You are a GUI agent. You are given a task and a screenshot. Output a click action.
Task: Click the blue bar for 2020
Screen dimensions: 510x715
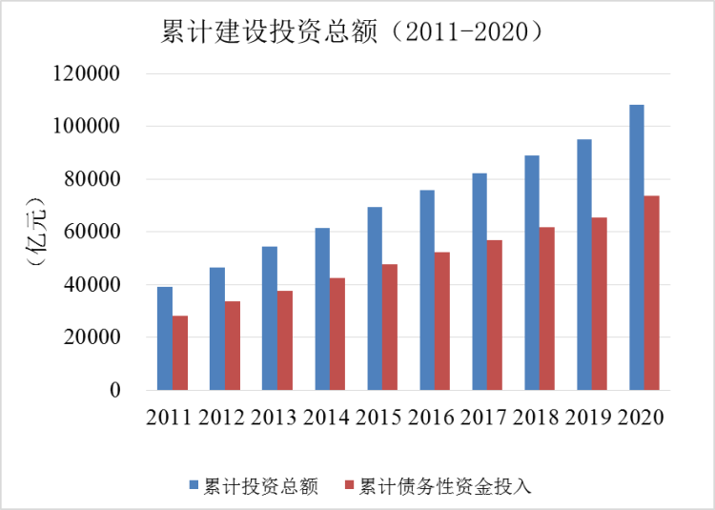coord(637,248)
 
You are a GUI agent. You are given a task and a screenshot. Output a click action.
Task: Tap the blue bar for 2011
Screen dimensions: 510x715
coord(165,338)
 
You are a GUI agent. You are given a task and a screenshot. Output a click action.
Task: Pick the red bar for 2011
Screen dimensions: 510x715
coord(180,353)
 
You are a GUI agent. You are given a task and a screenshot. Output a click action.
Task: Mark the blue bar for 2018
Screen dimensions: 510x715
coord(532,273)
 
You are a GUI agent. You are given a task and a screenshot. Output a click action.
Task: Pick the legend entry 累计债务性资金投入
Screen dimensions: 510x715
coord(443,485)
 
